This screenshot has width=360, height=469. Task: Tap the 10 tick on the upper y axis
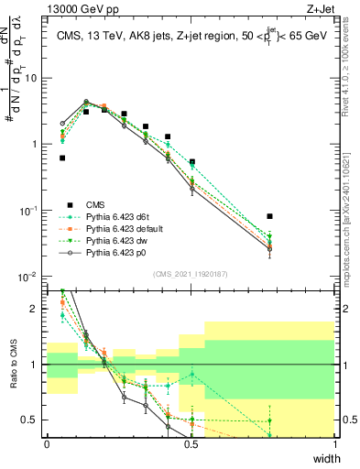[34, 78]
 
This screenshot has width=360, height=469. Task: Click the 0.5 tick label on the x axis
[191, 443]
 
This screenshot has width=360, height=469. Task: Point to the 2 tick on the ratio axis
[37, 309]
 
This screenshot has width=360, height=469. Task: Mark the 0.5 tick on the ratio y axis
[34, 420]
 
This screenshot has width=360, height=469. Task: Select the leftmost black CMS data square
[62, 158]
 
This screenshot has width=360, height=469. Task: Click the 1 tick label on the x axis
[335, 443]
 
